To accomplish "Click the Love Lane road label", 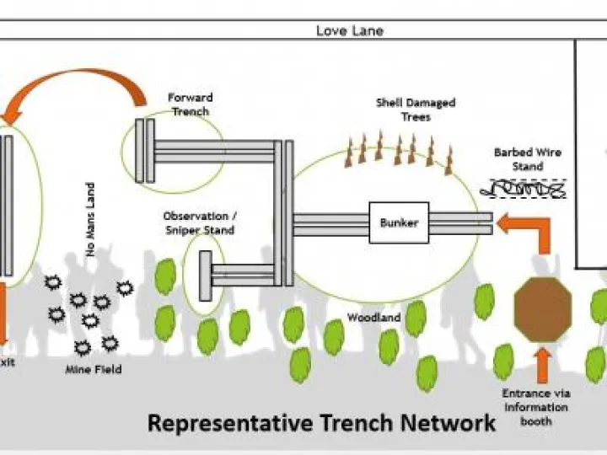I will click(350, 31).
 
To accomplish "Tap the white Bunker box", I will click(399, 223).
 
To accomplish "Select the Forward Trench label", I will click(190, 104).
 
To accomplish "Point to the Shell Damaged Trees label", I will click(416, 110).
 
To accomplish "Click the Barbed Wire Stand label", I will click(528, 159).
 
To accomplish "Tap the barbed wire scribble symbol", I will click(523, 190).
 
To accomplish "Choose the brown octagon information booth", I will click(543, 310).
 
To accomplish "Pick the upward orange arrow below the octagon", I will click(543, 363).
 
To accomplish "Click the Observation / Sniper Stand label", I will click(199, 223).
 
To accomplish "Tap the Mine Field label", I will click(93, 369).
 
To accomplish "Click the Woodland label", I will click(373, 318).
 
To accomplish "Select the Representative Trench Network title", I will click(321, 422).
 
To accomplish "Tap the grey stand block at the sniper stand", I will click(205, 276).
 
